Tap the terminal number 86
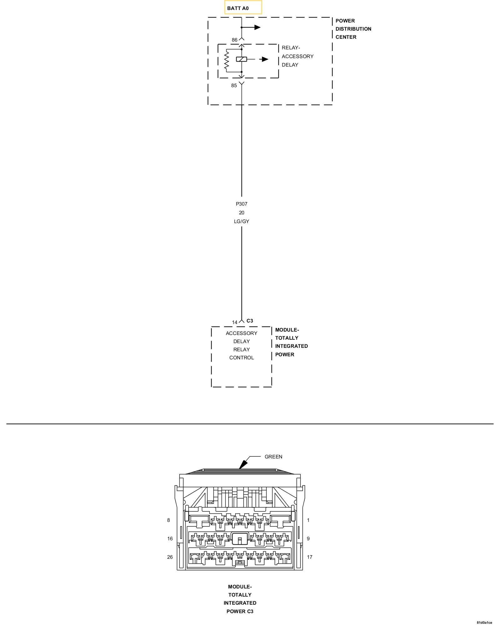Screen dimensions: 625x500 coord(234,40)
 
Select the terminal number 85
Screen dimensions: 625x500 coord(234,86)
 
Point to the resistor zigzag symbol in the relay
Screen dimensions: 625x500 coord(227,61)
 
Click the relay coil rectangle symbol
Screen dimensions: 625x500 coord(241,59)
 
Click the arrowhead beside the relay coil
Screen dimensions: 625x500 coord(265,59)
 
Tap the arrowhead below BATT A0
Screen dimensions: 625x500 coord(257,27)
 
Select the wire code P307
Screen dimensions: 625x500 coord(241,204)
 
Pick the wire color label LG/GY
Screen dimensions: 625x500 coord(241,222)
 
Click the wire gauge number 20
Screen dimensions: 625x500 coord(241,213)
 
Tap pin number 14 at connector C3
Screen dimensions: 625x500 coord(234,322)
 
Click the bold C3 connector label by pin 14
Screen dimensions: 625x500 coord(250,321)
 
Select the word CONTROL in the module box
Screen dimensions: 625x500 coord(241,358)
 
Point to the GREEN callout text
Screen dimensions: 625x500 coord(273,457)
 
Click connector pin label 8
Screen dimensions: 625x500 coord(168,520)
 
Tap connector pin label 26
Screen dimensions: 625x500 coord(170,557)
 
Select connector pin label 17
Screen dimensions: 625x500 coord(309,557)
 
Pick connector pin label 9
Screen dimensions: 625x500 coord(308,539)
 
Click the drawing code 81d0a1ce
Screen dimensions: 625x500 coord(484,622)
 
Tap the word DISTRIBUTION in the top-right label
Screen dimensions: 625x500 coord(353,29)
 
